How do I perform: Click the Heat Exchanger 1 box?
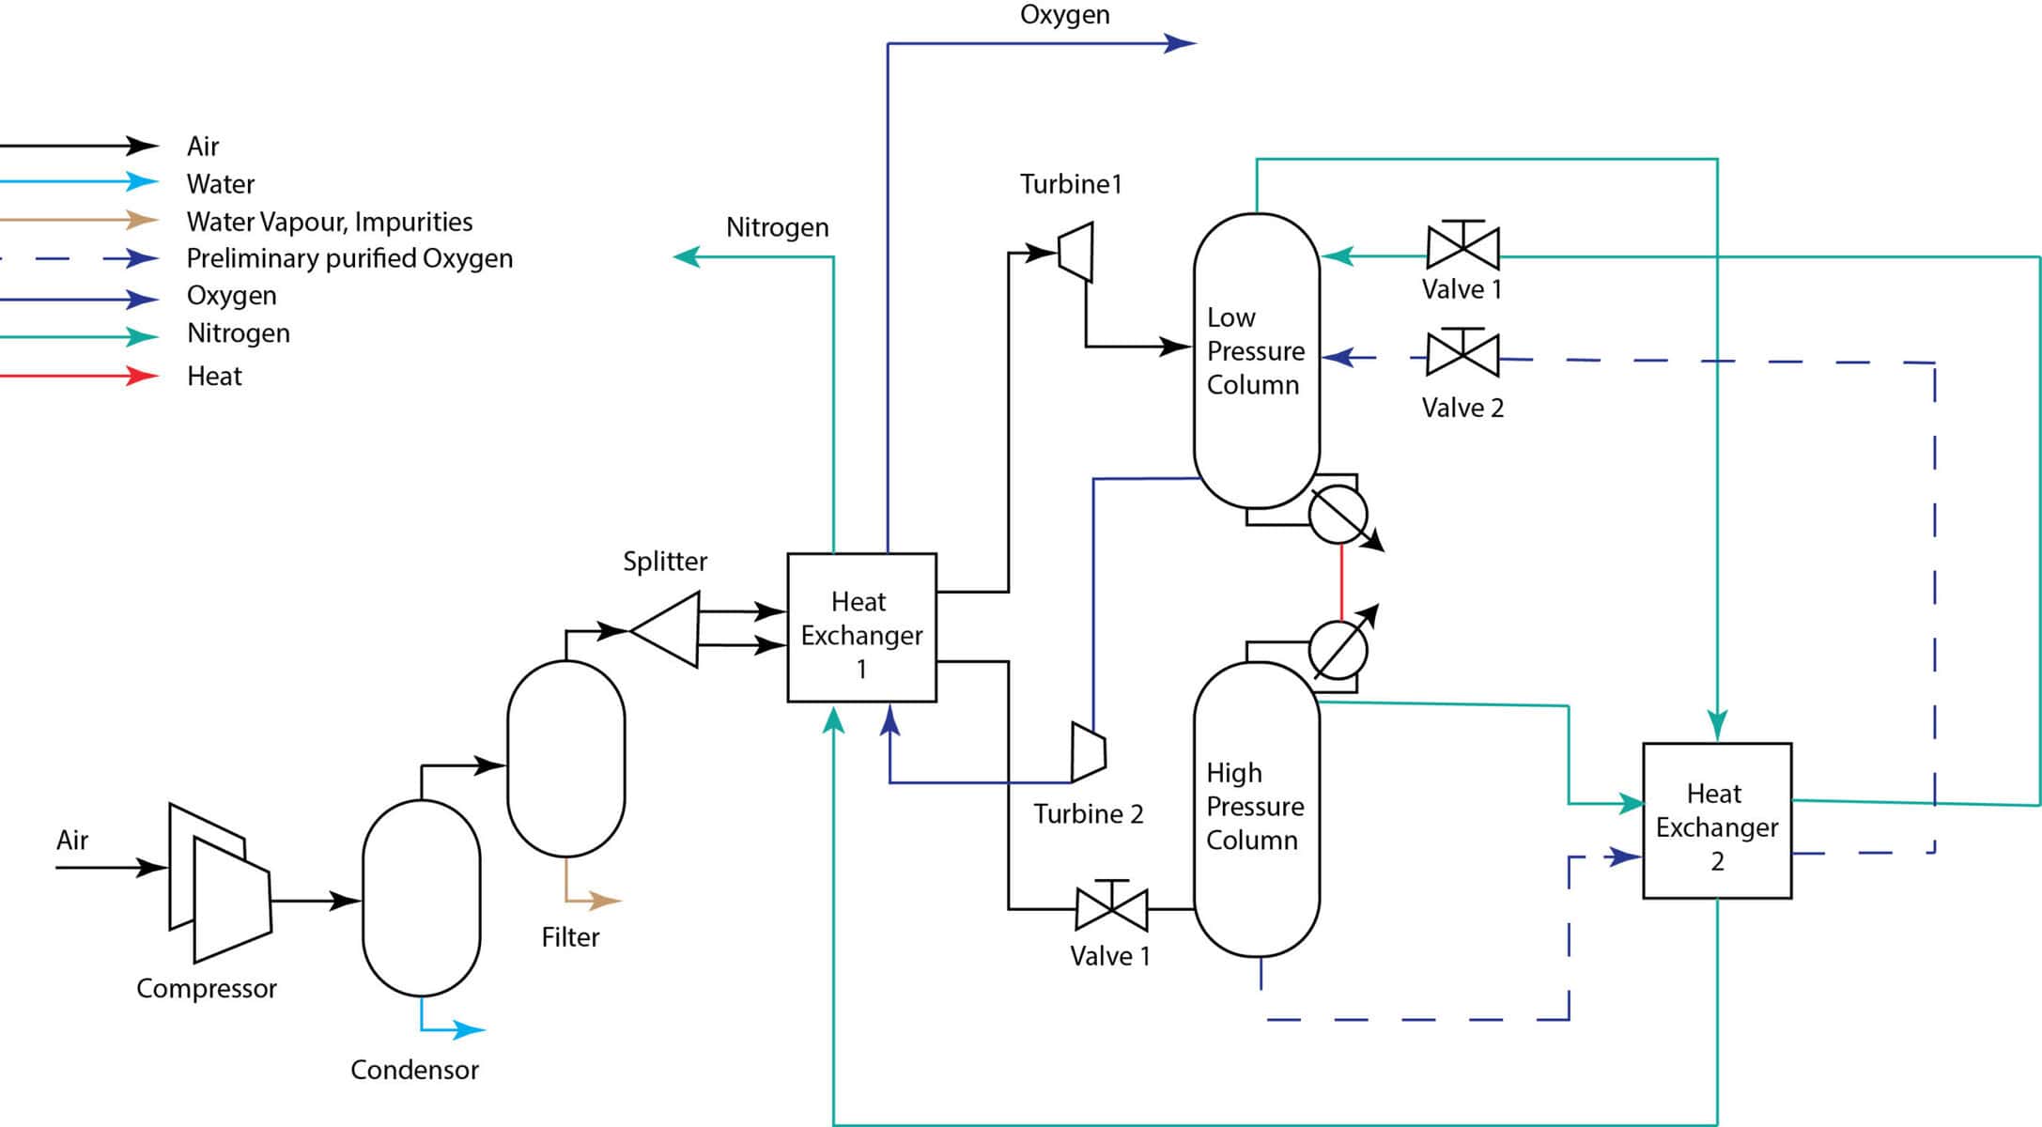point(861,627)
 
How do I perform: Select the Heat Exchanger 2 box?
point(1716,821)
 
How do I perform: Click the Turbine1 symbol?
point(1076,252)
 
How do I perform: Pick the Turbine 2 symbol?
point(1088,752)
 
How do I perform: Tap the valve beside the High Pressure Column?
point(1111,908)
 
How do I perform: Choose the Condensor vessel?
point(421,899)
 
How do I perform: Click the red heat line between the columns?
point(1341,582)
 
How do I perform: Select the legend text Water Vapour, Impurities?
point(329,222)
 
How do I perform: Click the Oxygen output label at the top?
point(1064,15)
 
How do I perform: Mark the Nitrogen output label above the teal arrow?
point(777,227)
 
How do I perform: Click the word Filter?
point(570,936)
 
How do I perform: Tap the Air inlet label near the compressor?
point(72,840)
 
